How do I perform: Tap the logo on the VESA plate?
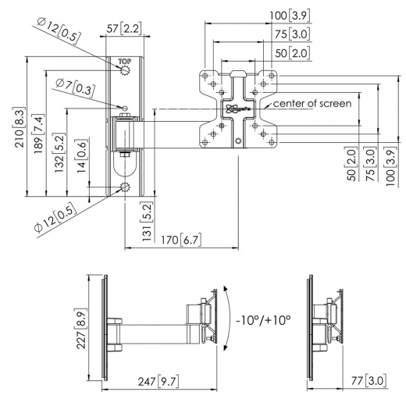click(x=237, y=109)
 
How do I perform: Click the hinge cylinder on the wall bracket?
click(x=124, y=134)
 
